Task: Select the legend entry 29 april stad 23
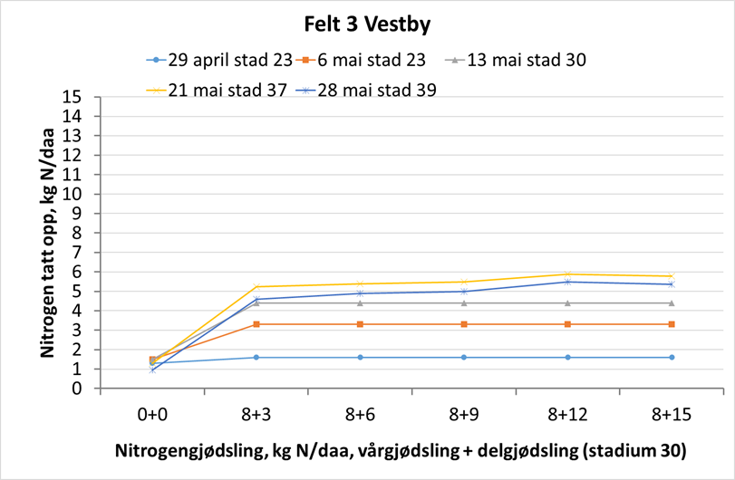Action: [219, 61]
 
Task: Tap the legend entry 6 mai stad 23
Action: [372, 61]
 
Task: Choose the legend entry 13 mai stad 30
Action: [517, 61]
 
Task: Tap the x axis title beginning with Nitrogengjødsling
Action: [400, 450]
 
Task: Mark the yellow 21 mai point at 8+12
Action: [567, 274]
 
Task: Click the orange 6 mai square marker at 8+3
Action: [256, 324]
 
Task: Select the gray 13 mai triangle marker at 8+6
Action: [361, 302]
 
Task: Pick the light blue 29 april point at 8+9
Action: [464, 357]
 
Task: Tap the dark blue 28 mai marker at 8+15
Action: [672, 284]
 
